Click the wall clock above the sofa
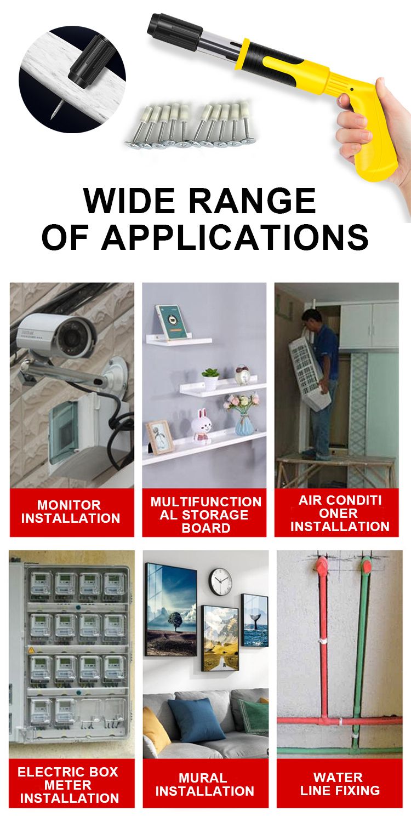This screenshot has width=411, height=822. point(221,581)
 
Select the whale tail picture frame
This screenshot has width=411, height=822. point(254,620)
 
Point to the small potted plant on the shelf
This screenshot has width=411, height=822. point(210,379)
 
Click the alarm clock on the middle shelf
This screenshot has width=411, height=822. point(242,374)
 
